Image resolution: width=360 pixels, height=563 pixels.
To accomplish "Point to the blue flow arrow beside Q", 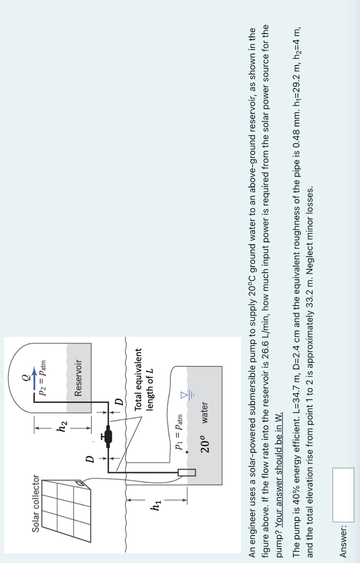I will (37, 376).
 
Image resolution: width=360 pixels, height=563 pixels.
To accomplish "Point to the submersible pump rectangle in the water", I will (187, 472).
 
